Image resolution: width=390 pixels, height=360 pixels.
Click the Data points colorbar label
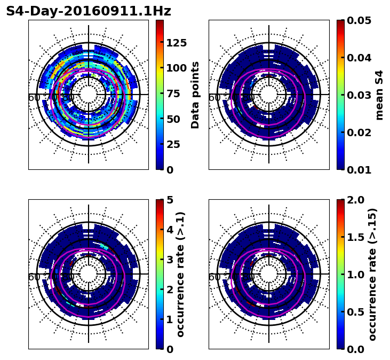tap(195, 95)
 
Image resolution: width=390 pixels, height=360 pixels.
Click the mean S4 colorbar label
tap(379, 95)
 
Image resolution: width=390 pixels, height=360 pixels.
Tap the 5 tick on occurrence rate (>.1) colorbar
tap(170, 200)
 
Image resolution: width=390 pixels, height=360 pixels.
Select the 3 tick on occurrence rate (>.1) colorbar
tap(170, 260)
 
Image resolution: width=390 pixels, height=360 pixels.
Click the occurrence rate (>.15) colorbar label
tap(372, 274)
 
